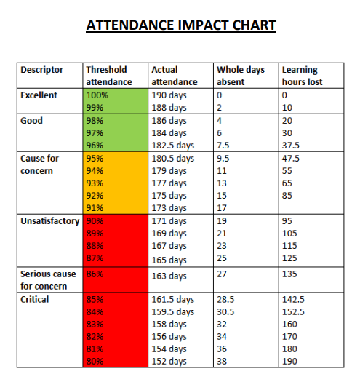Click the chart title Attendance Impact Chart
(181, 25)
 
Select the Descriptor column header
(42, 70)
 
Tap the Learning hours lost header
(302, 76)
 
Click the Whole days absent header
(241, 76)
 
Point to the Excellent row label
(39, 95)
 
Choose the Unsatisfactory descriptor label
(50, 221)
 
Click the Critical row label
(35, 299)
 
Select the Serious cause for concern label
(48, 280)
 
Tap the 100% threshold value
(97, 95)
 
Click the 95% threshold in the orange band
(95, 159)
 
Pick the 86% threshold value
(95, 274)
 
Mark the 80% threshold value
(95, 361)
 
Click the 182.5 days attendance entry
(173, 146)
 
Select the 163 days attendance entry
(169, 276)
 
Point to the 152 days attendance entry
(169, 362)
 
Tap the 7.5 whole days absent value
(223, 146)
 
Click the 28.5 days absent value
(225, 299)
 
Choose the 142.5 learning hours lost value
(293, 299)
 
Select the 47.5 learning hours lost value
(291, 159)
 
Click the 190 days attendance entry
(169, 95)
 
